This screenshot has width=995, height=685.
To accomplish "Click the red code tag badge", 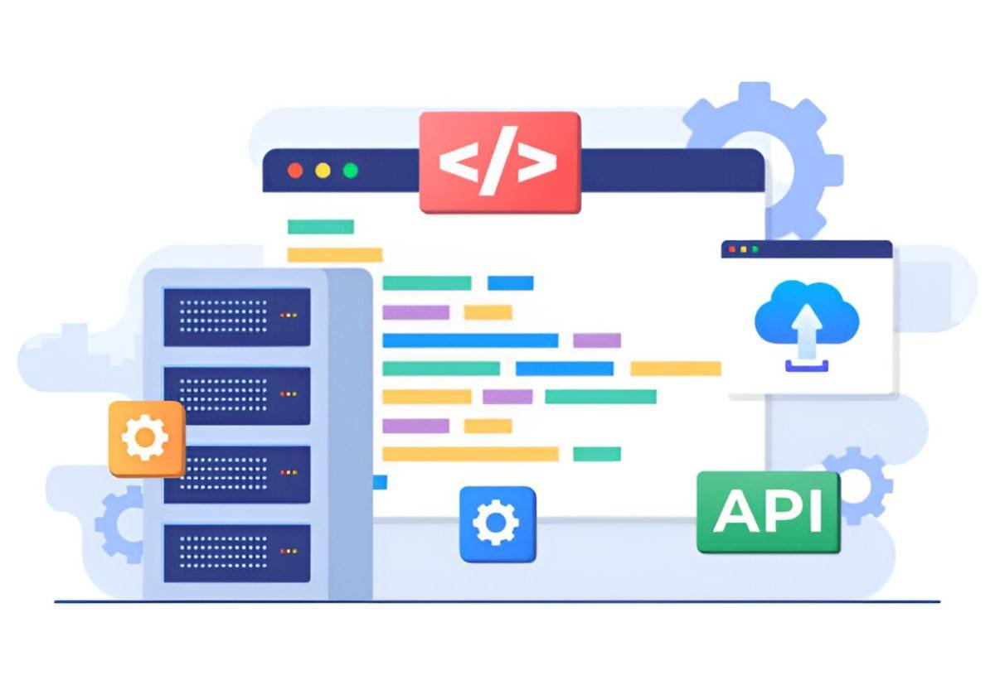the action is click(500, 162).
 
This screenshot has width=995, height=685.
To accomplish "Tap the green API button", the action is click(769, 513).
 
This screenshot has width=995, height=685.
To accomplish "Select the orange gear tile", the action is click(147, 439).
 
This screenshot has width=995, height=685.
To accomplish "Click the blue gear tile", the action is click(498, 524).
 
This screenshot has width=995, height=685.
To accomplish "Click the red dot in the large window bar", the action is click(295, 171).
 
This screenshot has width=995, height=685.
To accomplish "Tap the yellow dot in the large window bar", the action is click(323, 171).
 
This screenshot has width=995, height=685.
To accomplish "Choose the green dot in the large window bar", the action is click(351, 171).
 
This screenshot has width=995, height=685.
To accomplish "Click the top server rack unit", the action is click(237, 316).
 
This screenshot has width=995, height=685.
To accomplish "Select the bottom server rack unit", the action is click(237, 552).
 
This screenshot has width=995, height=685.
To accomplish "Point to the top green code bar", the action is click(321, 226).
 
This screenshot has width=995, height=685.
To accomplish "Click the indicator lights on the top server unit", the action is click(289, 315).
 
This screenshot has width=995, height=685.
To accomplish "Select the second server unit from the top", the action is click(237, 396).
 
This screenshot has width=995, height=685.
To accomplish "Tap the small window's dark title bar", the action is click(807, 249).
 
